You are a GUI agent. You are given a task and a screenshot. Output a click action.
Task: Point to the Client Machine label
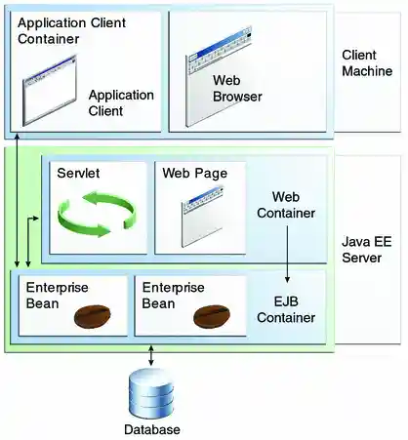click(366, 64)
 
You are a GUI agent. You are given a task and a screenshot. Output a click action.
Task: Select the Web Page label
click(195, 173)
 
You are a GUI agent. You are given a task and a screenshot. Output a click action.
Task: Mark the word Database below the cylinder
click(151, 429)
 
